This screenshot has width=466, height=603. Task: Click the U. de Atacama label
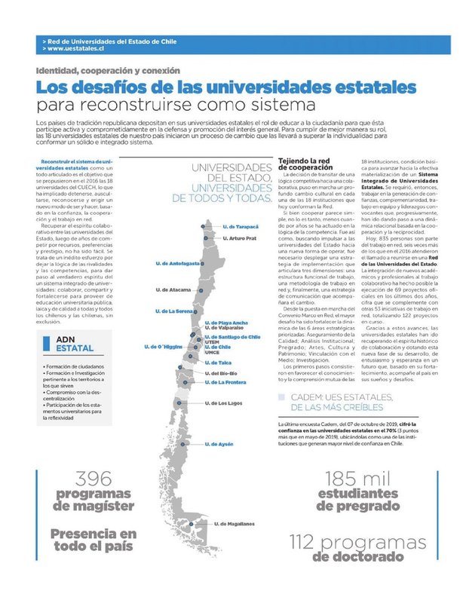173,289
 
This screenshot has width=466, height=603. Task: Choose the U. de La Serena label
175,311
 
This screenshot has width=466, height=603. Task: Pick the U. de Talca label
219,363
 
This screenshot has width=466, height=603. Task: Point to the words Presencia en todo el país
94,540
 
